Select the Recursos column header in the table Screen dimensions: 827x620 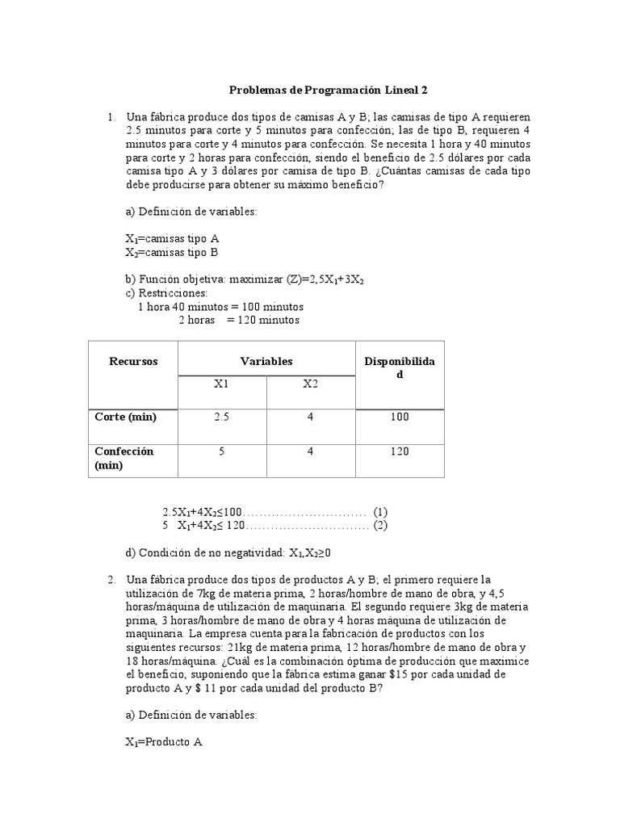[133, 361]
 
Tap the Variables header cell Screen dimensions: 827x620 [266, 361]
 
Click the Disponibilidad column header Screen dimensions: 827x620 [400, 368]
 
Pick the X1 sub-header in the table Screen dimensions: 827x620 [222, 384]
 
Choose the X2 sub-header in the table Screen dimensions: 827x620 [311, 384]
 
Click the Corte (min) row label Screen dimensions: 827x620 [125, 417]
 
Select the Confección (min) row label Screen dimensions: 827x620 [124, 458]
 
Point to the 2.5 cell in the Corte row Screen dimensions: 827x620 [222, 417]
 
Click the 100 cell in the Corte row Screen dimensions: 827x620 [400, 417]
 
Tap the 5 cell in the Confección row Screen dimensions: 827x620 [222, 451]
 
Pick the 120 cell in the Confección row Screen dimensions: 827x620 [400, 451]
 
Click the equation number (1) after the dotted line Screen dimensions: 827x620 [381, 511]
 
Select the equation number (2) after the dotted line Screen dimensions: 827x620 [381, 526]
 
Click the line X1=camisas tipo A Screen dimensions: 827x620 [173, 239]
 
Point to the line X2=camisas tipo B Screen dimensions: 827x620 [173, 253]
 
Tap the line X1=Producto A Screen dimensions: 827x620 [164, 741]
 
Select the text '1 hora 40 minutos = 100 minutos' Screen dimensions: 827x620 [221, 307]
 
